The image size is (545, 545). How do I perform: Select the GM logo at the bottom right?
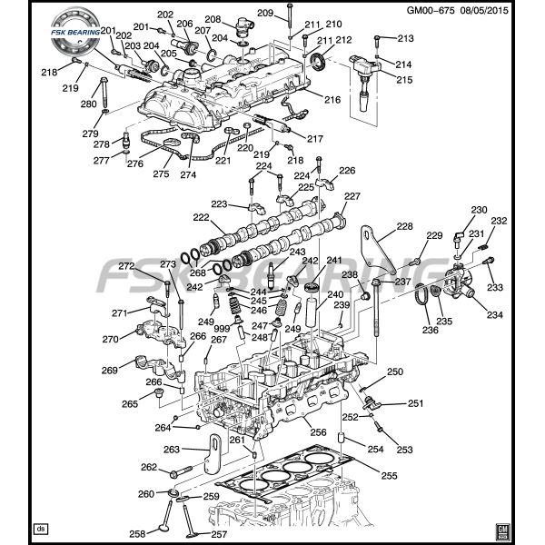[501, 528]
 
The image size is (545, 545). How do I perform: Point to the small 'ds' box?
[40, 528]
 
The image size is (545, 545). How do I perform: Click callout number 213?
[404, 38]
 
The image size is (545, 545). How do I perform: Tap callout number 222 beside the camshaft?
[201, 218]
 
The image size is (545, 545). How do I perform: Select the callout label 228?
[404, 226]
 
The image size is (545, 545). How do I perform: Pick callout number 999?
[222, 327]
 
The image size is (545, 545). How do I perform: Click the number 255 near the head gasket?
[388, 474]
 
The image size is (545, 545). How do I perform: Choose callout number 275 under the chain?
[161, 173]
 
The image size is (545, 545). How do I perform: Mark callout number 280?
[88, 104]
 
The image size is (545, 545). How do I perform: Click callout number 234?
[494, 315]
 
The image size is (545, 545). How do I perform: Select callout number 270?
[110, 340]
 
